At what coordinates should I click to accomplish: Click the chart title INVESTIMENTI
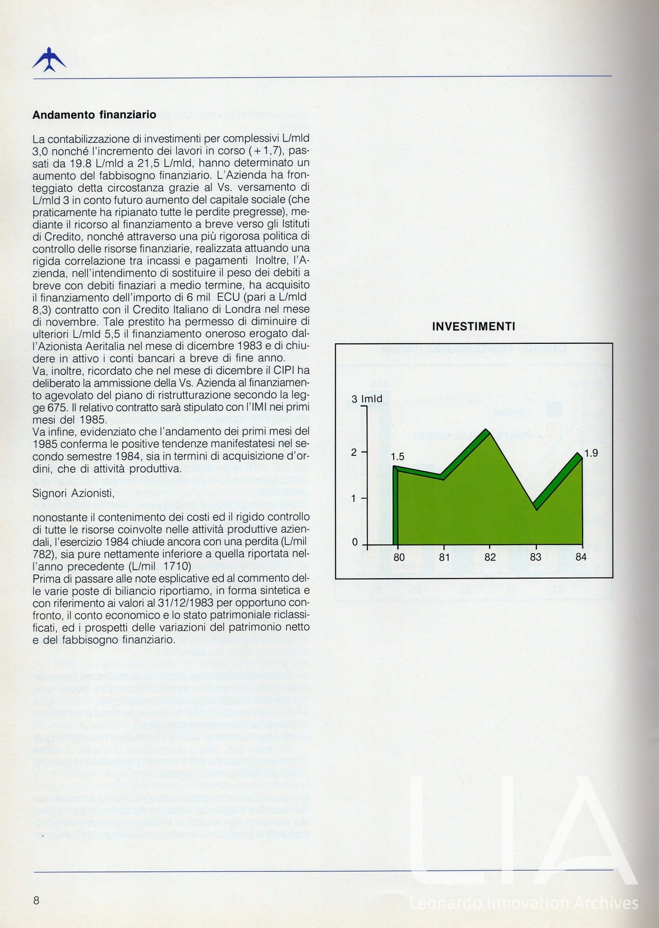click(x=473, y=326)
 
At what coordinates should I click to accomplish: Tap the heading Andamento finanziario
click(x=94, y=115)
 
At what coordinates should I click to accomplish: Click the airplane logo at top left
click(x=49, y=60)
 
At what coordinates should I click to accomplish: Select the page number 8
click(x=36, y=900)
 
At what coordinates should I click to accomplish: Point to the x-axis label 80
click(x=399, y=557)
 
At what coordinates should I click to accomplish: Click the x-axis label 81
click(x=444, y=557)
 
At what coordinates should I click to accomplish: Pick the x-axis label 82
click(x=490, y=557)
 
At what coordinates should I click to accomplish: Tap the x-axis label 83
click(x=535, y=557)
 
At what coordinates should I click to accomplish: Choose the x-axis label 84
click(x=581, y=557)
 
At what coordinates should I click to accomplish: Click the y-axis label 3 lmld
click(x=367, y=399)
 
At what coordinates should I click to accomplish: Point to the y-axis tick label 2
click(x=354, y=452)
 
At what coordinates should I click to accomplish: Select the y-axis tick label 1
click(x=354, y=498)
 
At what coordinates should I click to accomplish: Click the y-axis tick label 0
click(x=355, y=542)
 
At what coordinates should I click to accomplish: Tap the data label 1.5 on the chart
click(x=397, y=457)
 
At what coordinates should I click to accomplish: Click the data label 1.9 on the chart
click(x=591, y=453)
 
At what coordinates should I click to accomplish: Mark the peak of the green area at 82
click(x=487, y=430)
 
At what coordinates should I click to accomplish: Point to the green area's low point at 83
click(x=535, y=507)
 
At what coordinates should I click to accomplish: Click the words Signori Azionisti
click(x=73, y=493)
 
